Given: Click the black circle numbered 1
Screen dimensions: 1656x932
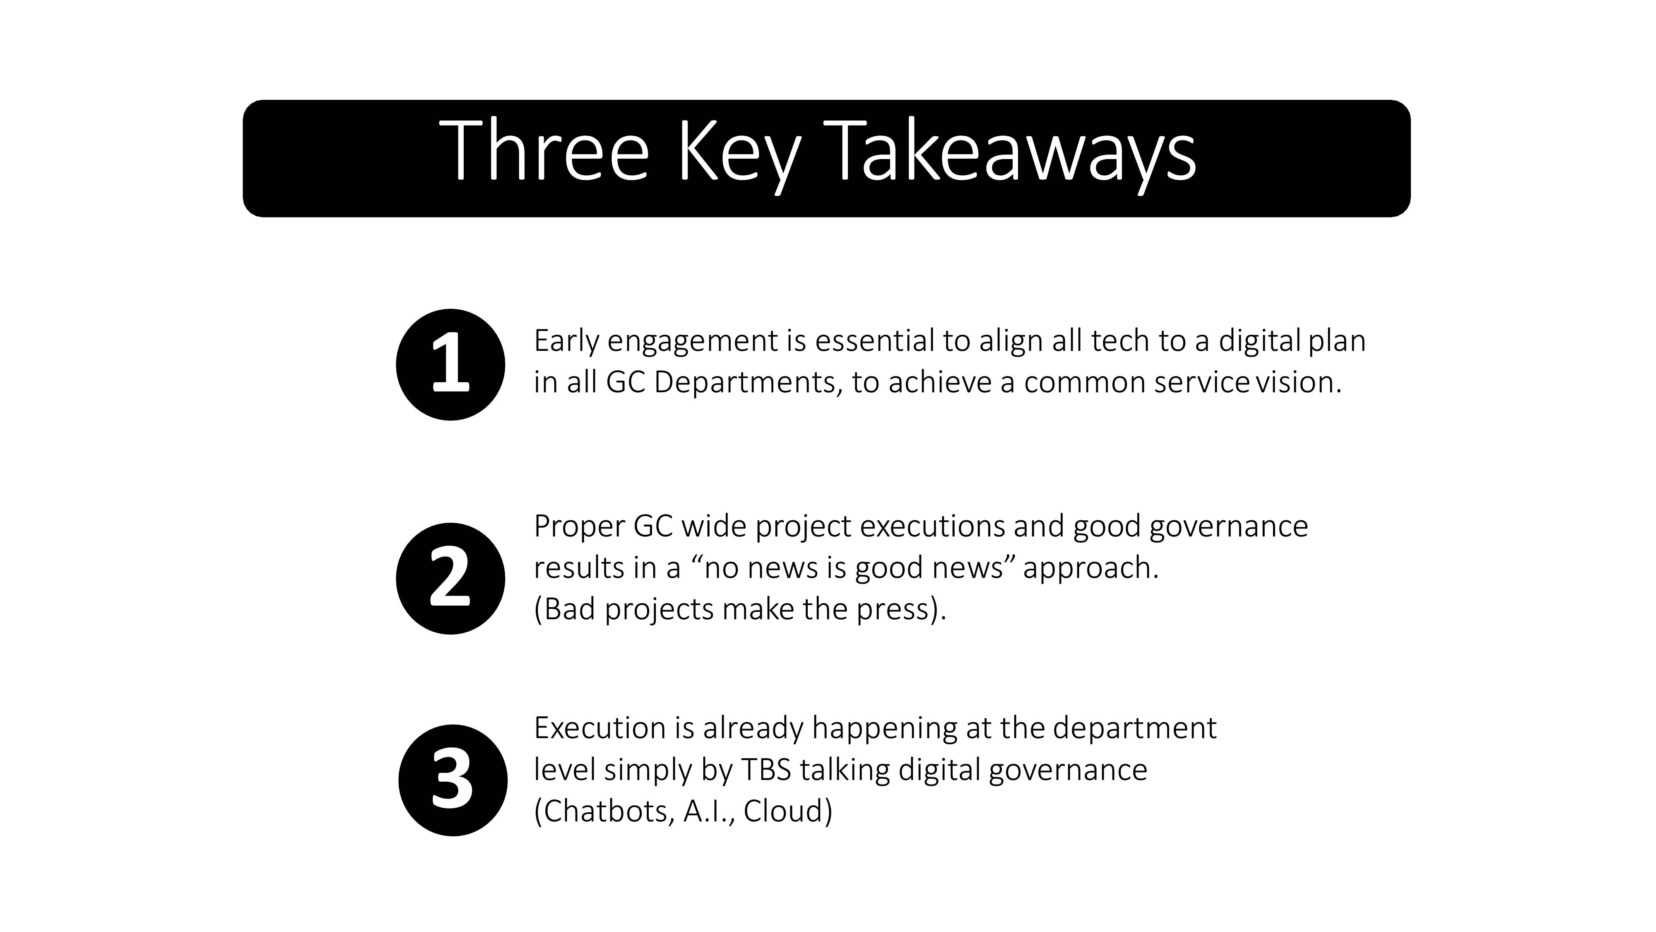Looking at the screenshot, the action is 451,365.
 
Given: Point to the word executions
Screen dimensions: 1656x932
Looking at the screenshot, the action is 932,526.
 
